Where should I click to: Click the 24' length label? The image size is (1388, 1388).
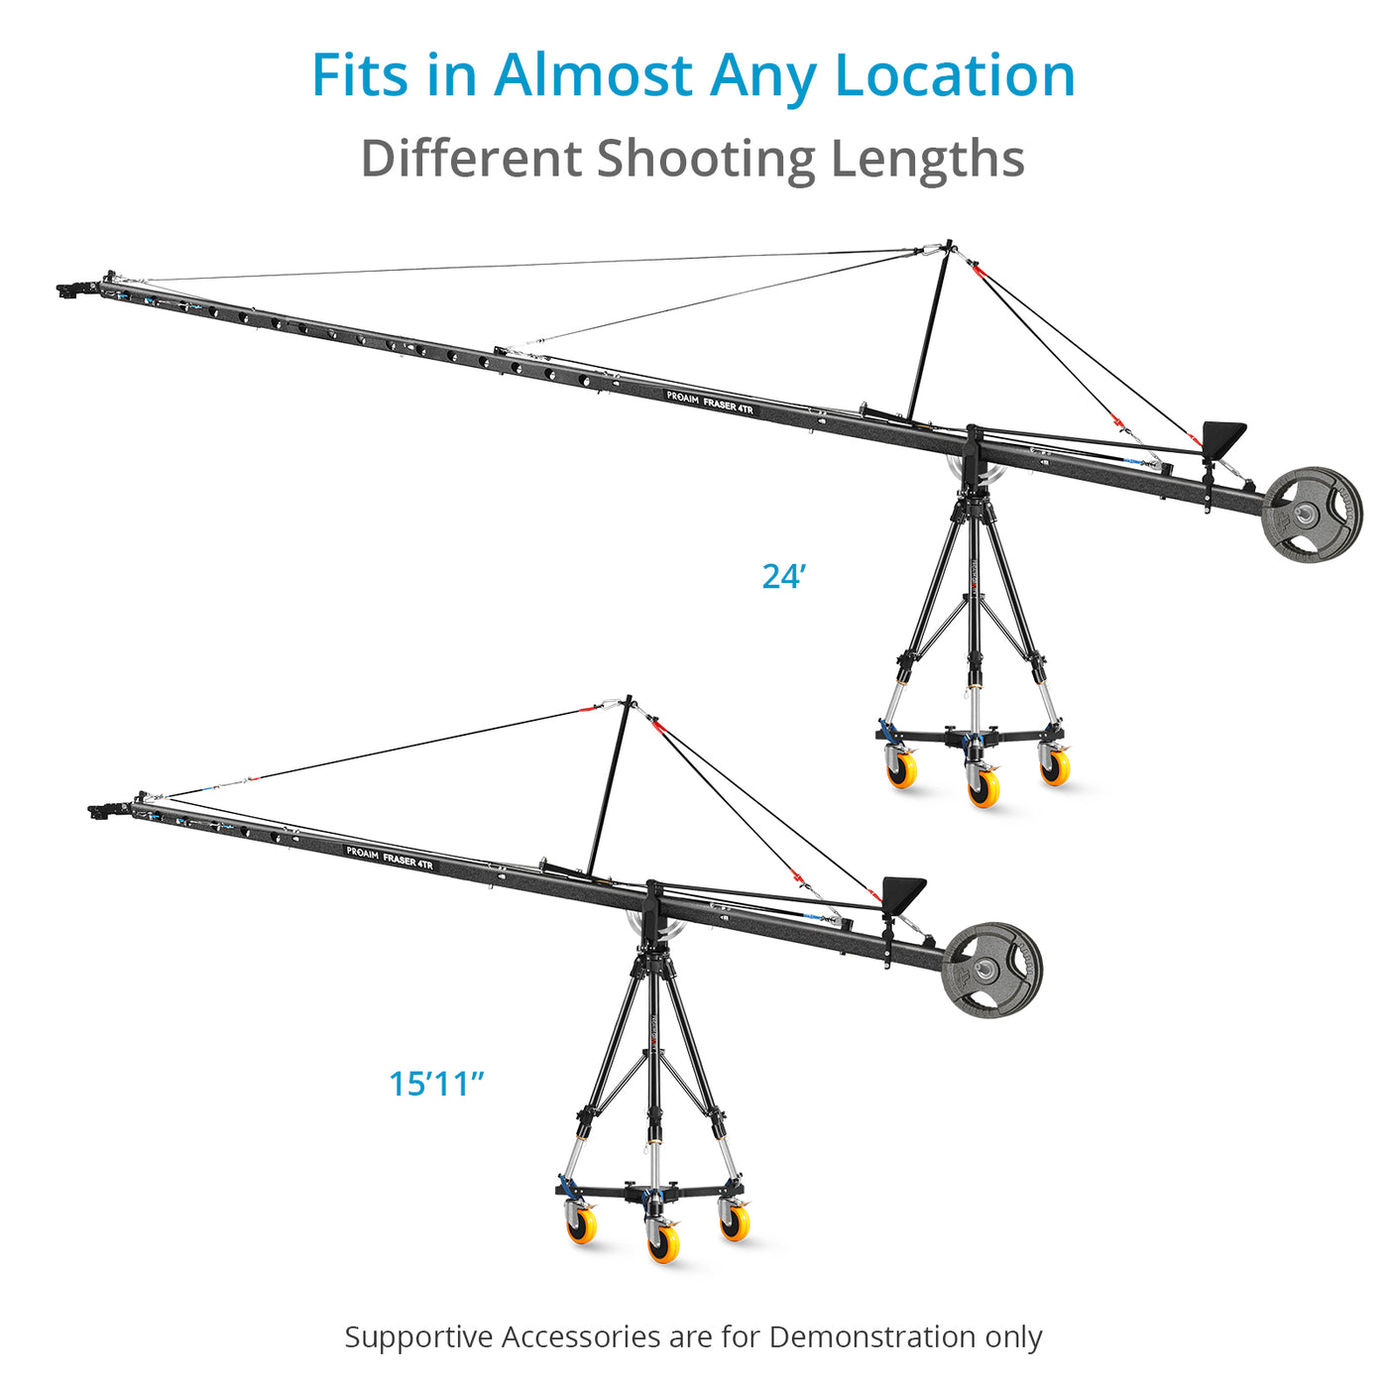[784, 576]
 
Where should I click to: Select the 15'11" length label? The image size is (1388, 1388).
[436, 1084]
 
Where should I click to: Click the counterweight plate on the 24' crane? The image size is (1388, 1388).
[1312, 514]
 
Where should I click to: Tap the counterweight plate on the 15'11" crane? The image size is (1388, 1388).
[991, 970]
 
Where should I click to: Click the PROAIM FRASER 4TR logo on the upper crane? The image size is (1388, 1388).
[710, 403]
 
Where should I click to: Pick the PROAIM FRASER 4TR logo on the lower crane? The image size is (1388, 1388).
[390, 858]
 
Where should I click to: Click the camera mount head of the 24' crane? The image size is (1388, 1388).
[77, 289]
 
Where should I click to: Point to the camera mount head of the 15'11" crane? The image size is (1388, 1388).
[106, 811]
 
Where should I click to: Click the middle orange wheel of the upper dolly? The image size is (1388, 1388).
[983, 787]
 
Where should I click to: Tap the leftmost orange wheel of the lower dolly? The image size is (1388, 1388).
[581, 1224]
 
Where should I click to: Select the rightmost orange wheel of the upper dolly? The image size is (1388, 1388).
[1055, 766]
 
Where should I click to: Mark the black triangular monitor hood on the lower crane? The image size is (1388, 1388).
[903, 893]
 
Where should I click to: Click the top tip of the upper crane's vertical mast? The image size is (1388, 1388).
[949, 242]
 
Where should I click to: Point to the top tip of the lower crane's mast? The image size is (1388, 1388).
[629, 699]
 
